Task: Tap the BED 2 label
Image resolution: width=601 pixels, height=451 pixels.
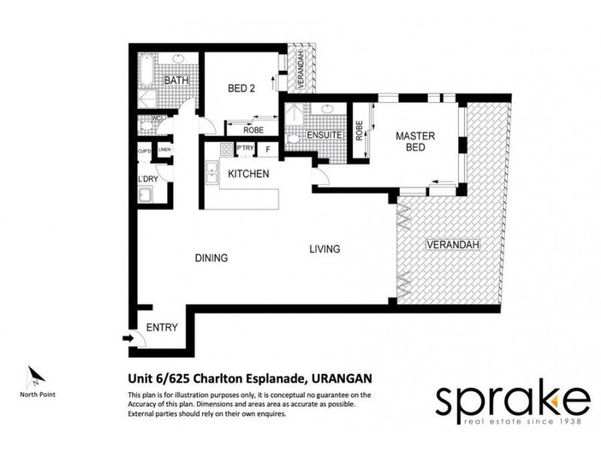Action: point(242,89)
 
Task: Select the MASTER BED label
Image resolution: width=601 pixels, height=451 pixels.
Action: point(411,142)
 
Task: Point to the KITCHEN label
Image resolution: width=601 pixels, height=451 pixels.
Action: point(248,174)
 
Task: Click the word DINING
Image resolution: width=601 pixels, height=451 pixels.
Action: point(211,258)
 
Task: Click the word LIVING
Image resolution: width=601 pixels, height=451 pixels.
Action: point(325,249)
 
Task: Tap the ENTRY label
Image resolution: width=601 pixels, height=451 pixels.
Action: point(162,327)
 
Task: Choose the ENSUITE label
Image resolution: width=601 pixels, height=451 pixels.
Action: point(325,136)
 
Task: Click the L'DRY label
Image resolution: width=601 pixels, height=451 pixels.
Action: point(146,178)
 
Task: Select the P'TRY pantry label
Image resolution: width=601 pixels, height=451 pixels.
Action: point(245,149)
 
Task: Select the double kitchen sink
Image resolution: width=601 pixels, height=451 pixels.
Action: point(213,169)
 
